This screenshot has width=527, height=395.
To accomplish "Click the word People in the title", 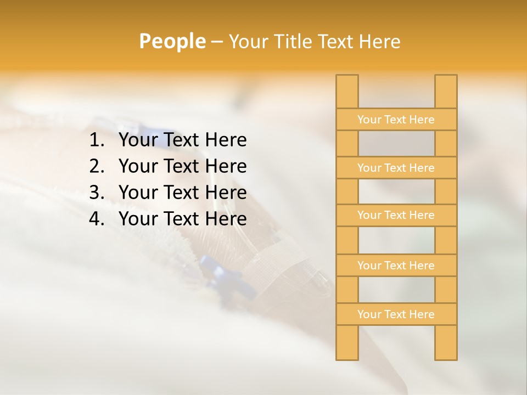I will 172,41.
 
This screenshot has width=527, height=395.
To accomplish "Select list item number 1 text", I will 182,140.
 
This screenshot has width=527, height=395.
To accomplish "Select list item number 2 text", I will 182,166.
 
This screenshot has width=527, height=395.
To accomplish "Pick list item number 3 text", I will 182,193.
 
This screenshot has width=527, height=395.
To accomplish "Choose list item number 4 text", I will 182,219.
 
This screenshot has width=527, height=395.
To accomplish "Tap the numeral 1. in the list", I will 97,140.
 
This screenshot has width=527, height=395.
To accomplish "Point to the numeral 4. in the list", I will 97,219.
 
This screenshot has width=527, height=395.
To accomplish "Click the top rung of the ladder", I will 396,120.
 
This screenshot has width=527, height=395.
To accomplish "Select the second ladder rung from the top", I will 396,168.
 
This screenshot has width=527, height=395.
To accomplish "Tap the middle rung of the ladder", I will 396,215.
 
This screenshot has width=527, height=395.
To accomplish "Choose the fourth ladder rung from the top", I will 396,266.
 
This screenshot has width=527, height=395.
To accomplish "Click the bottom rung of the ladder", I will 396,314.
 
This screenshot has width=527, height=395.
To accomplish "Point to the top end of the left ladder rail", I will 347,80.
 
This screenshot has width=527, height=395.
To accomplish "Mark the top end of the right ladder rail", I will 446,80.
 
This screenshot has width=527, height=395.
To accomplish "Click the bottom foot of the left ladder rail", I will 347,354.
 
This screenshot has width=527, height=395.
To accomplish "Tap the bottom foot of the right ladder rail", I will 446,354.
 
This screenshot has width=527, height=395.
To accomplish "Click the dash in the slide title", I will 216,42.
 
